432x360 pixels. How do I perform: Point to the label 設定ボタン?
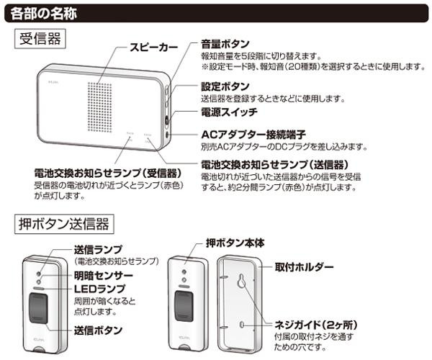coord(225,86)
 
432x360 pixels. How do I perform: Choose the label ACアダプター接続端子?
coord(254,135)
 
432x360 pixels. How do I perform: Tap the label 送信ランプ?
coord(98,249)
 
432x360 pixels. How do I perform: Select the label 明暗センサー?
coord(103,276)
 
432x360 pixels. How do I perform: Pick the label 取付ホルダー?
coord(304,267)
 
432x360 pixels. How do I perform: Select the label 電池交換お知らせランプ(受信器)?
coord(107,174)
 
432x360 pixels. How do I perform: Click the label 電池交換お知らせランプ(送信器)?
coord(275,164)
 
